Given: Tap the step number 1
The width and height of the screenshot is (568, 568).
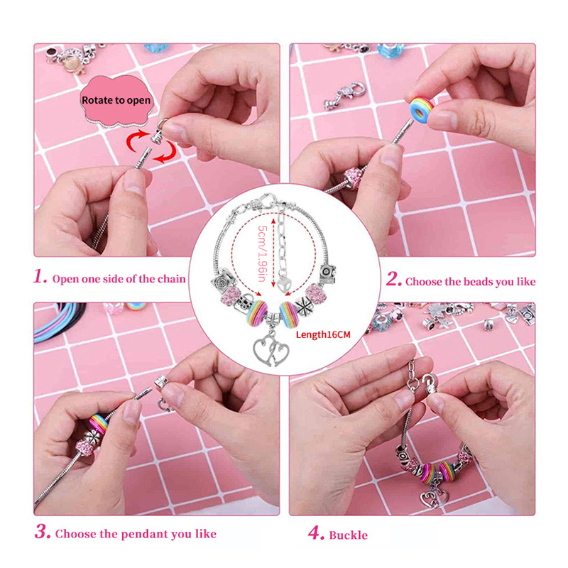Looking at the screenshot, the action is tap(40, 277).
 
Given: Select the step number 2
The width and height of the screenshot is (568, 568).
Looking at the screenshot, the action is tap(393, 279).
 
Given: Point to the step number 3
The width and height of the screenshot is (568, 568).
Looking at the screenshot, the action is tap(43, 532).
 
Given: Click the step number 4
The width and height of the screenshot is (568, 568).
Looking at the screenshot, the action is tap(316, 533).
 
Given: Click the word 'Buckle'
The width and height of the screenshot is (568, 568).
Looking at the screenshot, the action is tap(348, 535).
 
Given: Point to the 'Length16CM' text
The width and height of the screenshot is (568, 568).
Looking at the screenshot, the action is tap(323, 334).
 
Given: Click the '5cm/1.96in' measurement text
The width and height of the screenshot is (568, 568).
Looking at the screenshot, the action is tap(262, 253).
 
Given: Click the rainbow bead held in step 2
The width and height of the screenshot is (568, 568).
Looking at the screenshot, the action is tap(422, 109).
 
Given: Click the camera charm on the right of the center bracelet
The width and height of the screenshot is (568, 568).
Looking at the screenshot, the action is tap(328, 274).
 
